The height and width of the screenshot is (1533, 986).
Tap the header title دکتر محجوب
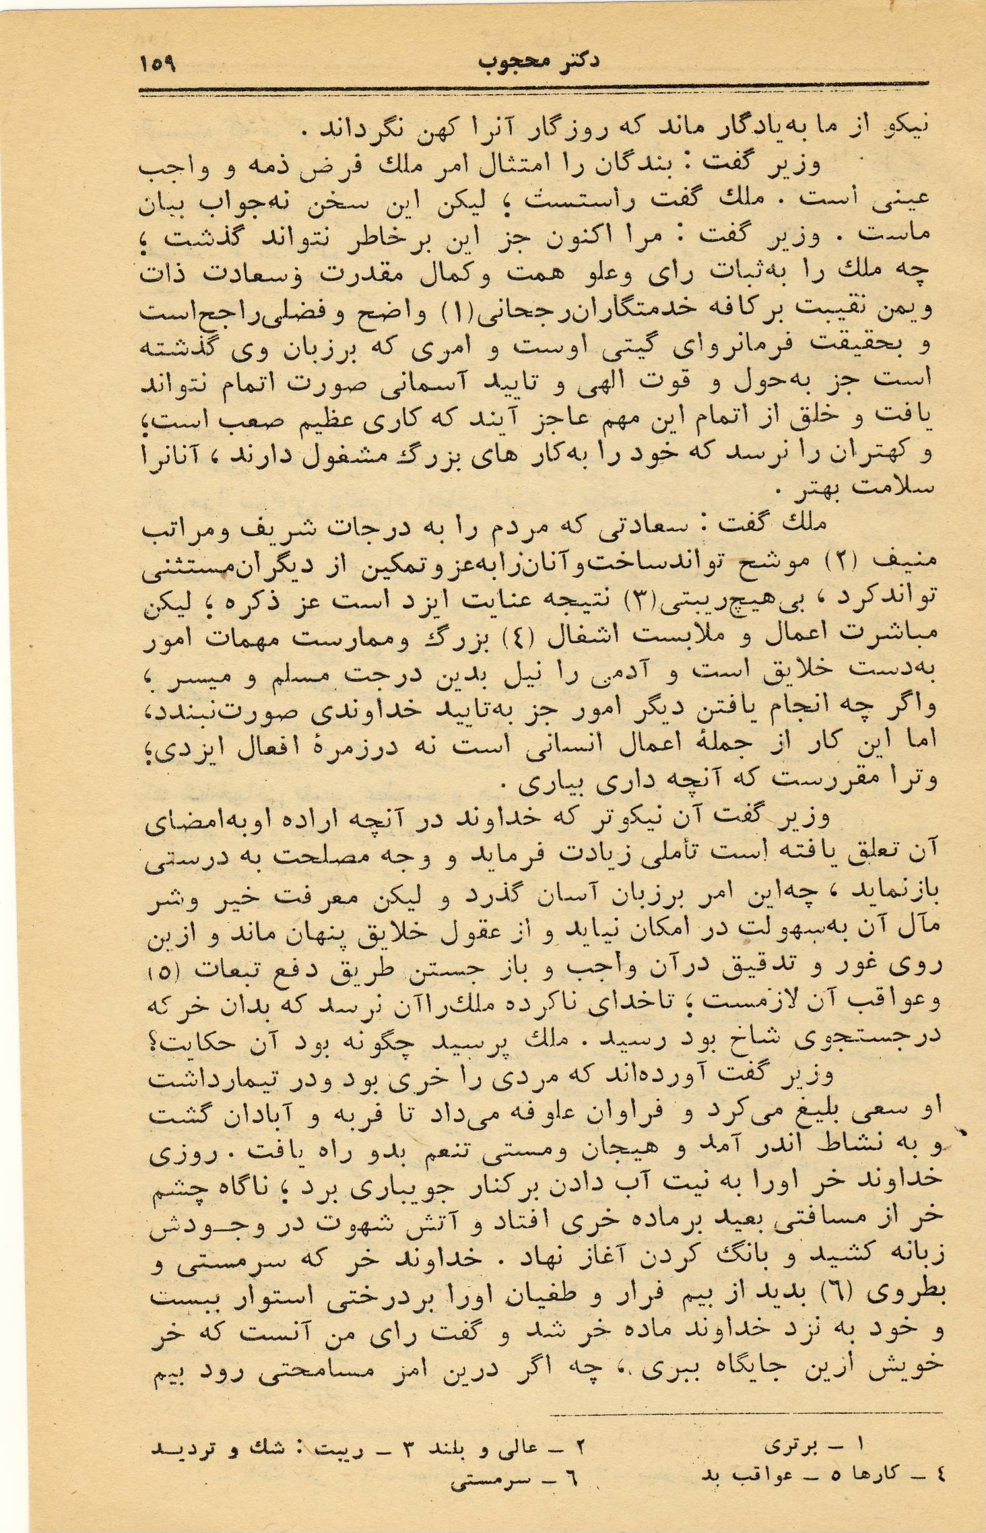click(539, 61)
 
